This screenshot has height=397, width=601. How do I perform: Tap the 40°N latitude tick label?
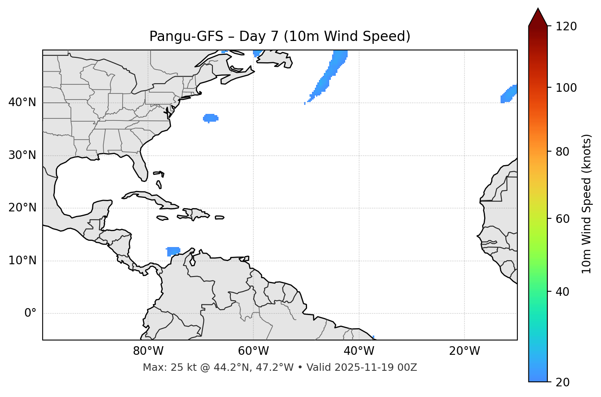pyautogui.click(x=22, y=102)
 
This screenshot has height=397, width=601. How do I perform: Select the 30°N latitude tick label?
pyautogui.click(x=22, y=155)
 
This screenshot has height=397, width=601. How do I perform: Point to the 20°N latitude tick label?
pyautogui.click(x=22, y=208)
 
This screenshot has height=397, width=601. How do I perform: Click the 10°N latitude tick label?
pyautogui.click(x=22, y=261)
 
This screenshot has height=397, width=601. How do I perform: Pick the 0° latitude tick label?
pyautogui.click(x=30, y=313)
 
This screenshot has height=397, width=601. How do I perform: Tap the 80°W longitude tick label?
pyautogui.click(x=148, y=351)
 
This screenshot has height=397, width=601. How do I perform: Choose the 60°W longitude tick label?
pyautogui.click(x=253, y=351)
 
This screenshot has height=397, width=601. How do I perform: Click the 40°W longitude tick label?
pyautogui.click(x=359, y=351)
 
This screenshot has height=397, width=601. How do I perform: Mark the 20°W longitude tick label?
pyautogui.click(x=464, y=351)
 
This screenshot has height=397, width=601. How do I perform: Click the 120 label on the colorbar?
pyautogui.click(x=566, y=27)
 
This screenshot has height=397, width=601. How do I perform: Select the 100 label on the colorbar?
pyautogui.click(x=566, y=88)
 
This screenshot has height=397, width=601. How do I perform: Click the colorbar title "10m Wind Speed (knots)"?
pyautogui.click(x=587, y=204)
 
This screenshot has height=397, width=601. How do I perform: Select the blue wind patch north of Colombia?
pyautogui.click(x=173, y=251)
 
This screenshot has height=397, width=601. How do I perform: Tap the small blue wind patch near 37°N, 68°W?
pyautogui.click(x=210, y=118)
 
